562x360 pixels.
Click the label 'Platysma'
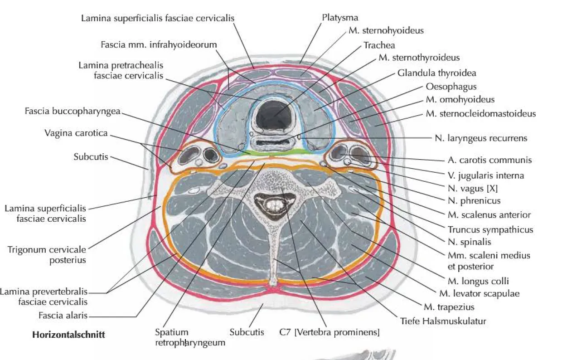coord(340,18)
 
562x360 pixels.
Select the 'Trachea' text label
coord(379,45)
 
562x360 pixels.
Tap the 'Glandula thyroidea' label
coord(437,73)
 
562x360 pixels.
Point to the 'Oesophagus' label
coord(451,87)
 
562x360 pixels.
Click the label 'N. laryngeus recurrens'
coord(481,138)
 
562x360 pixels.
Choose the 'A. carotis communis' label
coord(490,160)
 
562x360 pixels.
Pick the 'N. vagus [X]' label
coord(473,188)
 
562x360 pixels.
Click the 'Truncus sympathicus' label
coord(490,229)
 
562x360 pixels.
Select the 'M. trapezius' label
coord(449,307)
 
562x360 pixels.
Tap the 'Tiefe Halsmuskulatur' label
coord(443,321)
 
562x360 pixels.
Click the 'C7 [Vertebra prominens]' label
coord(329,332)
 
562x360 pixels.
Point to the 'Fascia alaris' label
coord(63,315)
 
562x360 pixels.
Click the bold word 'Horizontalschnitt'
coord(68,335)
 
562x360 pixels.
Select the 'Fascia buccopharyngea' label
coord(73,111)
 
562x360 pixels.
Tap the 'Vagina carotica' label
coord(76,133)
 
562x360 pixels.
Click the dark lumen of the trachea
coord(275,114)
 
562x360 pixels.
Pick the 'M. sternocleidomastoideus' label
coord(481,114)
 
